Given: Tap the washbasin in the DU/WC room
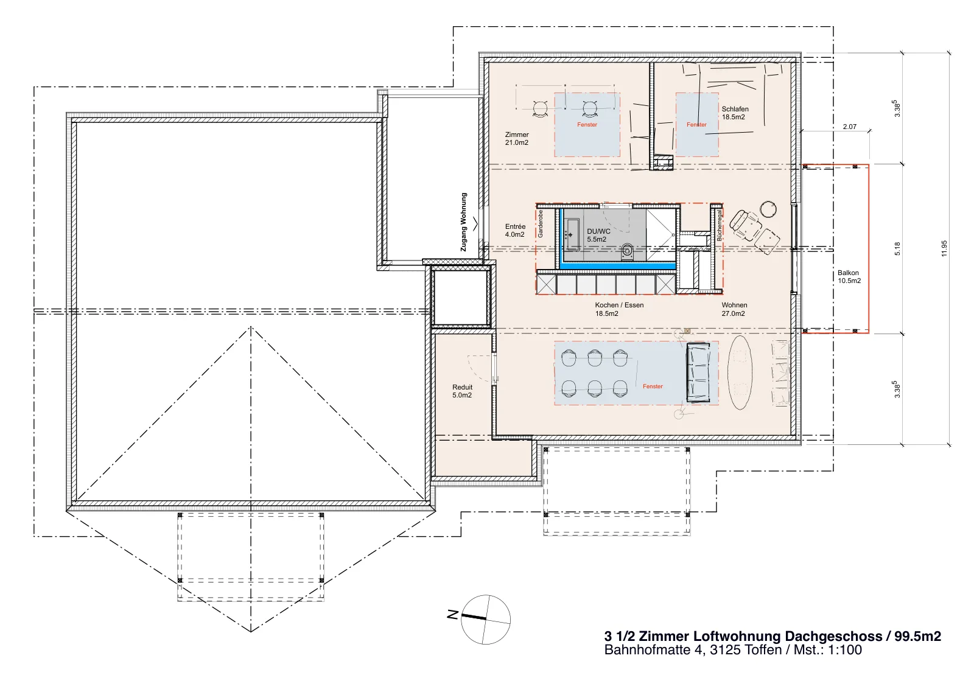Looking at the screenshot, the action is tap(572, 235).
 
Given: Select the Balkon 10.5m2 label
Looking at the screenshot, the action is tap(849, 277).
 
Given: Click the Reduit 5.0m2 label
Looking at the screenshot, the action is tap(462, 391).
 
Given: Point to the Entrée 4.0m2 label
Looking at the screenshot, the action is tap(515, 231).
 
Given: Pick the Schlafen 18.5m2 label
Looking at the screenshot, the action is tap(735, 113).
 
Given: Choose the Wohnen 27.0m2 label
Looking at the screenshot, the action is tap(734, 309).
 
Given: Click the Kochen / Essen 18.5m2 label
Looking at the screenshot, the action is tap(619, 309).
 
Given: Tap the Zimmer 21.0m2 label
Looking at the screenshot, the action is tap(517, 139).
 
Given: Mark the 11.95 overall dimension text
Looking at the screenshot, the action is tap(944, 248).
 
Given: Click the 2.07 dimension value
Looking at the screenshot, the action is tap(850, 127).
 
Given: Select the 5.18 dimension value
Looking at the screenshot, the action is tap(897, 249).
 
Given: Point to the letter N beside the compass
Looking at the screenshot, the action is tap(453, 614).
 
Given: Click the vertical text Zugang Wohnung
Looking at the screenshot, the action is tap(463, 222).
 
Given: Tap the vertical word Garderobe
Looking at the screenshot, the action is tap(541, 223).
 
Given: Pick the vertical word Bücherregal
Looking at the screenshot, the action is tap(719, 225).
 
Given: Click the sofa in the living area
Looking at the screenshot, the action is tap(698, 373).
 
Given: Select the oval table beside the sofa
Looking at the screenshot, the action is tap(740, 372).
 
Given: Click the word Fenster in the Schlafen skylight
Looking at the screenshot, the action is tap(696, 125).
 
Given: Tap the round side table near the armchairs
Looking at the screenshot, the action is tap(768, 209).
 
